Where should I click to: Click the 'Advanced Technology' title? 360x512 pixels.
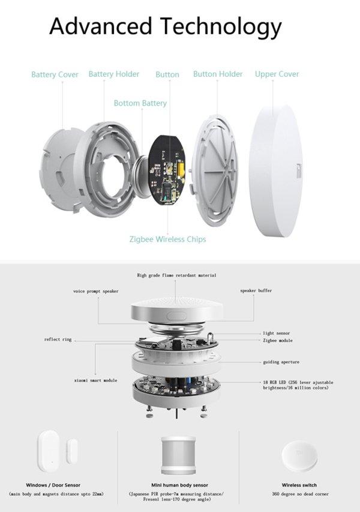click(x=165, y=26)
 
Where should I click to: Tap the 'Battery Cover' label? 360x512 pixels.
click(x=55, y=75)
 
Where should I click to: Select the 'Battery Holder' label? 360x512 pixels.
click(x=114, y=74)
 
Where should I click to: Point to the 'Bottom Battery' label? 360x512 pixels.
click(x=140, y=103)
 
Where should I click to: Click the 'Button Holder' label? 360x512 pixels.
click(x=218, y=74)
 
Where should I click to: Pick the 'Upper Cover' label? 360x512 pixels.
click(x=277, y=74)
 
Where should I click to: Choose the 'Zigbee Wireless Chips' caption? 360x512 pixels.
click(x=167, y=239)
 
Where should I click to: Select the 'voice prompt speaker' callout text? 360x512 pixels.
click(x=96, y=291)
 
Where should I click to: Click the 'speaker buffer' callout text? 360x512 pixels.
click(x=256, y=291)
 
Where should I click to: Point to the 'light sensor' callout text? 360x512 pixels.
click(x=276, y=333)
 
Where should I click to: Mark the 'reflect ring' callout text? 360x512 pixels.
click(x=58, y=339)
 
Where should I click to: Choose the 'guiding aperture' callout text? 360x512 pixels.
click(x=281, y=362)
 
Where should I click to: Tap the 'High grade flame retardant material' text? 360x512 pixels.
click(x=176, y=275)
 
